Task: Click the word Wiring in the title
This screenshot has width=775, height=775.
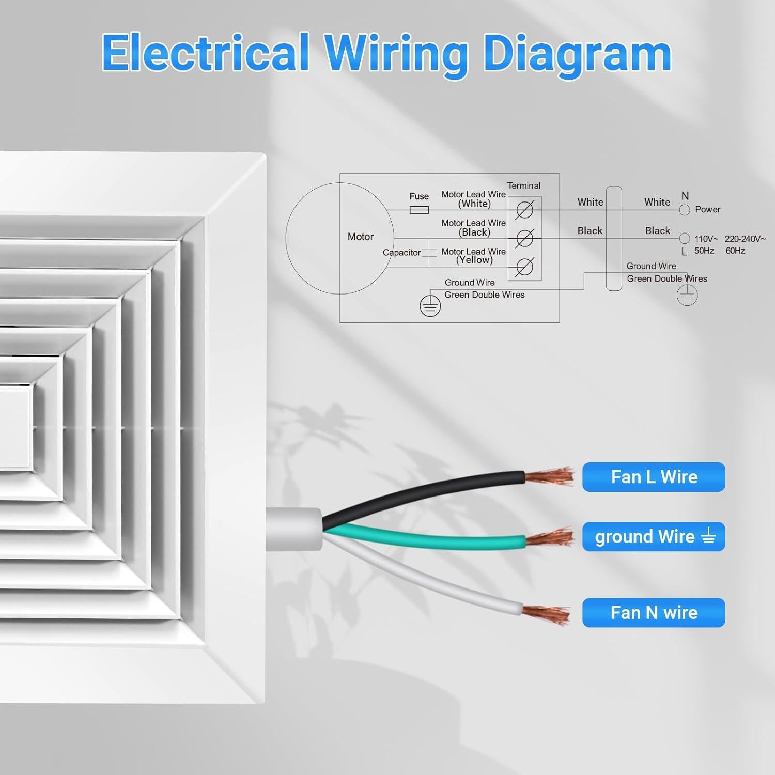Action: pyautogui.click(x=396, y=54)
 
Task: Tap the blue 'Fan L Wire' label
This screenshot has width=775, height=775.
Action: pyautogui.click(x=654, y=477)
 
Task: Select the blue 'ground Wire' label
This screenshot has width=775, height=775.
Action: pyautogui.click(x=654, y=537)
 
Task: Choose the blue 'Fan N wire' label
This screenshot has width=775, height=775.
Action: pyautogui.click(x=654, y=613)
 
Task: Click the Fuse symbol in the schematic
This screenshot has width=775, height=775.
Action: pyautogui.click(x=419, y=210)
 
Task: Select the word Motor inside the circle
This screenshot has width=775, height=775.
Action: pyautogui.click(x=360, y=237)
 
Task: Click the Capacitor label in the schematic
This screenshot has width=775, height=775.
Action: pyautogui.click(x=401, y=253)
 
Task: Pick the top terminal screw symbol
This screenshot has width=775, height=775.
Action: pyautogui.click(x=524, y=210)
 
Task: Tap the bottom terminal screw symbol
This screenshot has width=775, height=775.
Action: pyautogui.click(x=524, y=267)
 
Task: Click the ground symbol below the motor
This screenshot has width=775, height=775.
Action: pyautogui.click(x=430, y=306)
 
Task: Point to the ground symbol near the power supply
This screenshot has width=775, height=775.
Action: pyautogui.click(x=687, y=296)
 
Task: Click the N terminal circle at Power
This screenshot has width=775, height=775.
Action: pyautogui.click(x=685, y=210)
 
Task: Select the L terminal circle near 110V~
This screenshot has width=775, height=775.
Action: pyautogui.click(x=685, y=238)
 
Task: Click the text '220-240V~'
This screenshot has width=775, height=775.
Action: pyautogui.click(x=745, y=239)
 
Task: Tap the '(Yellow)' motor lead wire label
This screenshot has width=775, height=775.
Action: pyautogui.click(x=474, y=260)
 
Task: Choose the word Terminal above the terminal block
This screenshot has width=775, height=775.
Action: pyautogui.click(x=523, y=185)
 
